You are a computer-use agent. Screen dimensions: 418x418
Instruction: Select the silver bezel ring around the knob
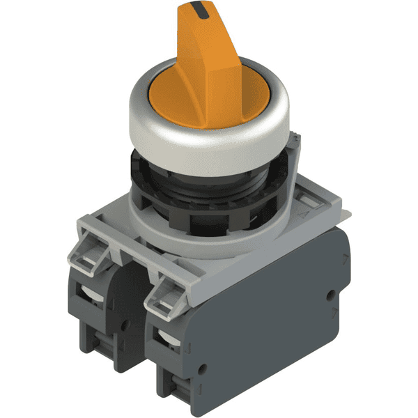[209, 139]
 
